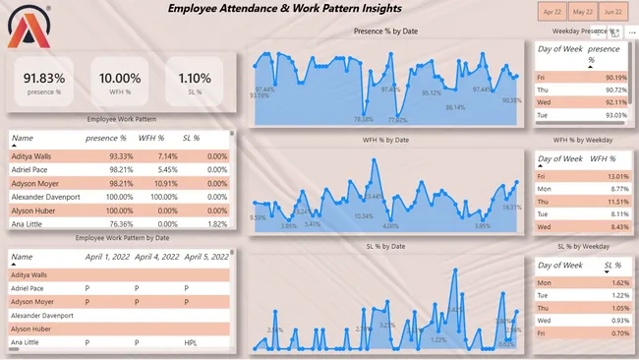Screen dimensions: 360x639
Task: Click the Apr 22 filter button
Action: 551,12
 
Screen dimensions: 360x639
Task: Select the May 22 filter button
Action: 582,12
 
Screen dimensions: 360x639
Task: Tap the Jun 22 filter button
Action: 613,12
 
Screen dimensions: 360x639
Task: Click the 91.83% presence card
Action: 44,82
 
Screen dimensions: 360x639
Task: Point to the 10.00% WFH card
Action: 120,82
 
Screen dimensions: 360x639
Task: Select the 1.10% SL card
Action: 195,82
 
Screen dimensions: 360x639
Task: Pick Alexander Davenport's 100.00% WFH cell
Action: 157,197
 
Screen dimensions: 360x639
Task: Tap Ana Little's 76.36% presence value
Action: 113,224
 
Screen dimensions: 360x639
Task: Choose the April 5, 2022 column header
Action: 205,256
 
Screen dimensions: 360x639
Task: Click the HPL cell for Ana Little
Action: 192,342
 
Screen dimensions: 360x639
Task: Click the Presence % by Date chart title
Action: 385,31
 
